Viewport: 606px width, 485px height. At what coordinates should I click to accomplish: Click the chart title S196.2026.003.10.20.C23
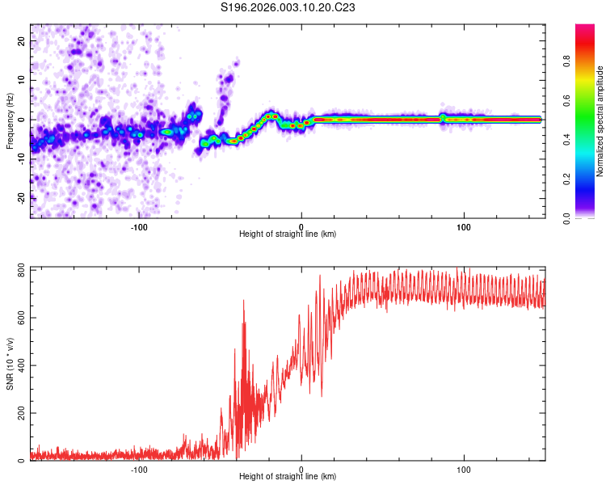tap(288, 7)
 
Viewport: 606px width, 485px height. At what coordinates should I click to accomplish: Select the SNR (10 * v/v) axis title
tap(10, 364)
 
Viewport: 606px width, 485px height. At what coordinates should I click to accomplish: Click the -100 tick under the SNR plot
tap(138, 470)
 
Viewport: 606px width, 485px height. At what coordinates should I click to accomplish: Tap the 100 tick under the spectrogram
tap(465, 227)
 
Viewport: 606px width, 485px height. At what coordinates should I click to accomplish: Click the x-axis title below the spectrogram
tap(288, 234)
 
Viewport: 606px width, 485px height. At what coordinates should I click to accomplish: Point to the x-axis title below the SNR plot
tap(288, 477)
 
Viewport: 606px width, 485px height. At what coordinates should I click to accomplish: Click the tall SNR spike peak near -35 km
tap(243, 302)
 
